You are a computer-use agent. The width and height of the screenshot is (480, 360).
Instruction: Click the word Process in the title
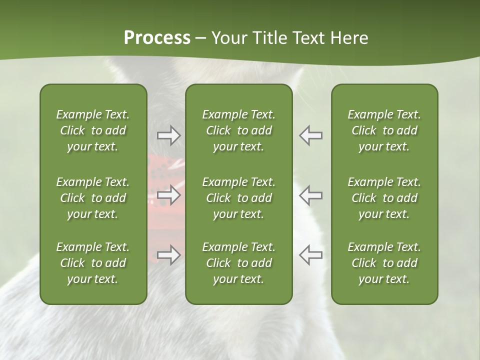coord(157,38)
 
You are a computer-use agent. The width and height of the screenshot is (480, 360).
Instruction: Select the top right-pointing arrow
coord(169,135)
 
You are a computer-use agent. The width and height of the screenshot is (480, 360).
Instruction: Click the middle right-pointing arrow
coord(169,195)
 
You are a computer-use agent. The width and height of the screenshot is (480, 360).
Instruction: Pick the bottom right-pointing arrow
coord(169,255)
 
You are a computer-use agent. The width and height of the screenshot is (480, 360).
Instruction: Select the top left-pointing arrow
coord(310,135)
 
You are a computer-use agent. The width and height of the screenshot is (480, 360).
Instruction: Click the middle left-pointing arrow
coord(310,195)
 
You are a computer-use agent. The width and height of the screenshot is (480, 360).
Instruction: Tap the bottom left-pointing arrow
coord(310,255)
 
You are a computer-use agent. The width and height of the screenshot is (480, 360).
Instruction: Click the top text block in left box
coord(93,130)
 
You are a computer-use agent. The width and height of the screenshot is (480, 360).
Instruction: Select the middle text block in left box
coord(93,198)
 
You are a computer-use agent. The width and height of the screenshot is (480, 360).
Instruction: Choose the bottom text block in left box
coord(93,263)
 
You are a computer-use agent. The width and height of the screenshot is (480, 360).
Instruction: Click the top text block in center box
coord(238,130)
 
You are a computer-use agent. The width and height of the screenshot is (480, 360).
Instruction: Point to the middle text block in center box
coord(238,198)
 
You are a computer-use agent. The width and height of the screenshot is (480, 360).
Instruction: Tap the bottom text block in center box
coord(238,263)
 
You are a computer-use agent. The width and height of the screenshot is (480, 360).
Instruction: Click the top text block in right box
coord(384,130)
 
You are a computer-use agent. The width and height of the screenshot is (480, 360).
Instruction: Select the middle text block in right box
coord(384,198)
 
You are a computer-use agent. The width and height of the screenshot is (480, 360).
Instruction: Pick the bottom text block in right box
coord(384,263)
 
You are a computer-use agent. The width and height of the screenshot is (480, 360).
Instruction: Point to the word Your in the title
coord(228,38)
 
